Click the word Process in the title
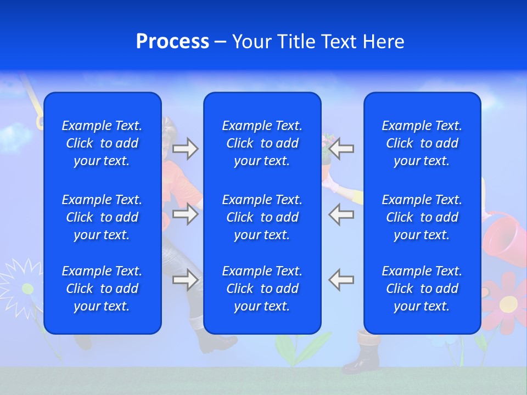(172, 42)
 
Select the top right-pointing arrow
(186, 149)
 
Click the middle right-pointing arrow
(186, 214)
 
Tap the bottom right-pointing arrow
(186, 280)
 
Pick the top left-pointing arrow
(341, 149)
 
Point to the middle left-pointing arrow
(341, 214)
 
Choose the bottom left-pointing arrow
(341, 280)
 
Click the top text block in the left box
(102, 143)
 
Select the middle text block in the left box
(102, 217)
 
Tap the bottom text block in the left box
(102, 289)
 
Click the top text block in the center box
(262, 143)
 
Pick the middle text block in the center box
(262, 217)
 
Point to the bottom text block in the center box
(262, 289)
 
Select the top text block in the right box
(422, 143)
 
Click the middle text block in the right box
(422, 217)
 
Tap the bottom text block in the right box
(422, 289)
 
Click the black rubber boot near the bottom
(362, 354)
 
